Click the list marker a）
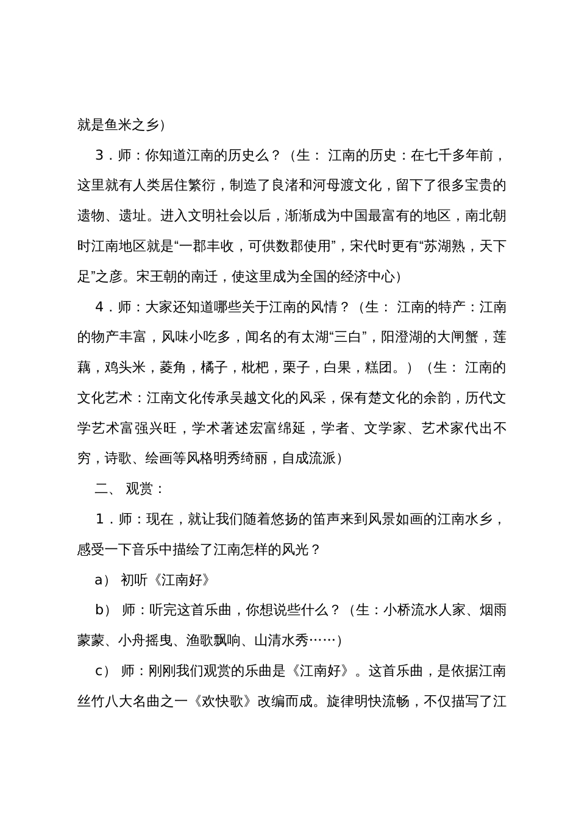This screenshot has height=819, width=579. [102, 580]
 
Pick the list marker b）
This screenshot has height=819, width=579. [102, 610]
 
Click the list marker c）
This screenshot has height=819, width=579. [102, 671]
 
